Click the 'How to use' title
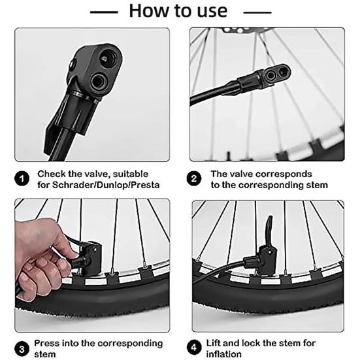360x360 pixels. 178,11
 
